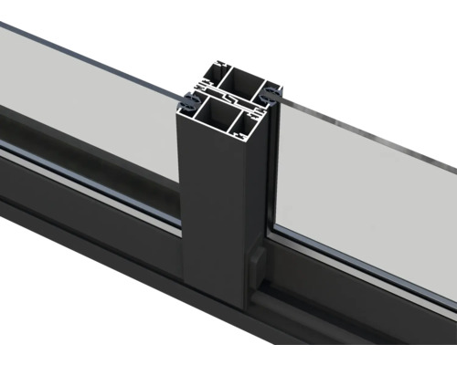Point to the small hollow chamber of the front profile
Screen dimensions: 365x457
click(x=250, y=117)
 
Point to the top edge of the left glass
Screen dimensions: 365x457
click(x=91, y=50)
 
